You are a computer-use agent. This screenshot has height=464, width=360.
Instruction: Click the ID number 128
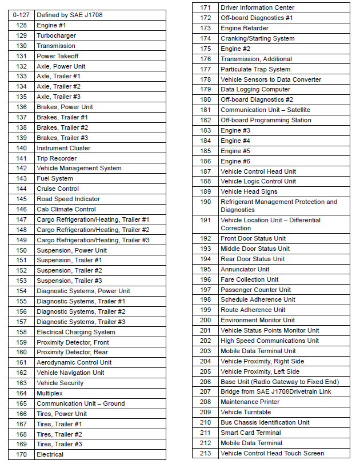pyautogui.click(x=22, y=26)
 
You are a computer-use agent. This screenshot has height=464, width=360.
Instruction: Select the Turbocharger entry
pyautogui.click(x=56, y=36)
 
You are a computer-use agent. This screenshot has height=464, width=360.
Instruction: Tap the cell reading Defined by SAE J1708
pyautogui.click(x=69, y=15)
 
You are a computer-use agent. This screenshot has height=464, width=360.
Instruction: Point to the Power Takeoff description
pyautogui.click(x=58, y=56)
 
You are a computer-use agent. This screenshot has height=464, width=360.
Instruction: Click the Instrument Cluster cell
pyautogui.click(x=63, y=148)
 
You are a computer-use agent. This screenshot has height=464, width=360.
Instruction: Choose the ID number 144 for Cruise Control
pyautogui.click(x=22, y=189)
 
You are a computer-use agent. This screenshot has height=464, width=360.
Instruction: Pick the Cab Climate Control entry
pyautogui.click(x=66, y=209)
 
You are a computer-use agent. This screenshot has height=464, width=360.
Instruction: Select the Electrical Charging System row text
pyautogui.click(x=76, y=332)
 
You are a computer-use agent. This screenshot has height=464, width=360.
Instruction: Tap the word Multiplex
pyautogui.click(x=50, y=393)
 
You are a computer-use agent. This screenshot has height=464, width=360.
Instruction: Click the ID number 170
pyautogui.click(x=22, y=454)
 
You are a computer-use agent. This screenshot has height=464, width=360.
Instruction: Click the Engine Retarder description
pyautogui.click(x=245, y=28)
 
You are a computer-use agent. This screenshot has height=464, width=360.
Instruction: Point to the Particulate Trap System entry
pyautogui.click(x=255, y=69)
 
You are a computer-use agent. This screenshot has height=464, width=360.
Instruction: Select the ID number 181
pyautogui.click(x=206, y=110)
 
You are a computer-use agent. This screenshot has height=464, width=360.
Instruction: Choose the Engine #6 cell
pyautogui.click(x=235, y=161)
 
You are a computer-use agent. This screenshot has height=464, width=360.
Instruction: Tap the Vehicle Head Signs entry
pyautogui.click(x=249, y=191)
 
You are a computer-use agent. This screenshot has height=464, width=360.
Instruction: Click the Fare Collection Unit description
pyautogui.click(x=250, y=279)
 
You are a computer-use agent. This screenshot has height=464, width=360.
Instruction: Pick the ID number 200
pyautogui.click(x=206, y=320)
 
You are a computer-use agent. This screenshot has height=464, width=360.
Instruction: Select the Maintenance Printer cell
pyautogui.click(x=250, y=402)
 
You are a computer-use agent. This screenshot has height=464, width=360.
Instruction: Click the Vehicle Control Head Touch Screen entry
pyautogui.click(x=273, y=453)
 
